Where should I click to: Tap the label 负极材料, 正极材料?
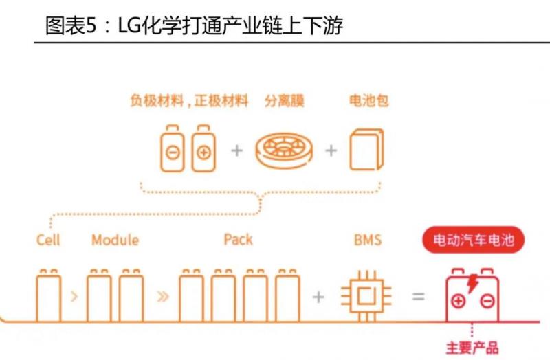point(189,102)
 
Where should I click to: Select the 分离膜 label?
point(284,102)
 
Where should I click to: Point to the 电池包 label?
point(368,102)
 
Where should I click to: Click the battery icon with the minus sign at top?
point(172,148)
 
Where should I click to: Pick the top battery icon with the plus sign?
point(203,148)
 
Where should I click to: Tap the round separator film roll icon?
point(284,150)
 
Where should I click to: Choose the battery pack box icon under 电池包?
point(366,149)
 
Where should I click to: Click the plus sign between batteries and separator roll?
point(236,150)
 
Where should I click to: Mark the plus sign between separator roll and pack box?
point(331,150)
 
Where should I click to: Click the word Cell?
point(48,240)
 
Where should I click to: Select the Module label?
point(115,240)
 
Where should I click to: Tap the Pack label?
point(238,240)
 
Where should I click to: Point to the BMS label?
point(367,240)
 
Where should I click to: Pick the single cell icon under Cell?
point(48,295)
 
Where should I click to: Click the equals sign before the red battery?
point(418,297)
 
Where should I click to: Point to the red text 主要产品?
point(472,348)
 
